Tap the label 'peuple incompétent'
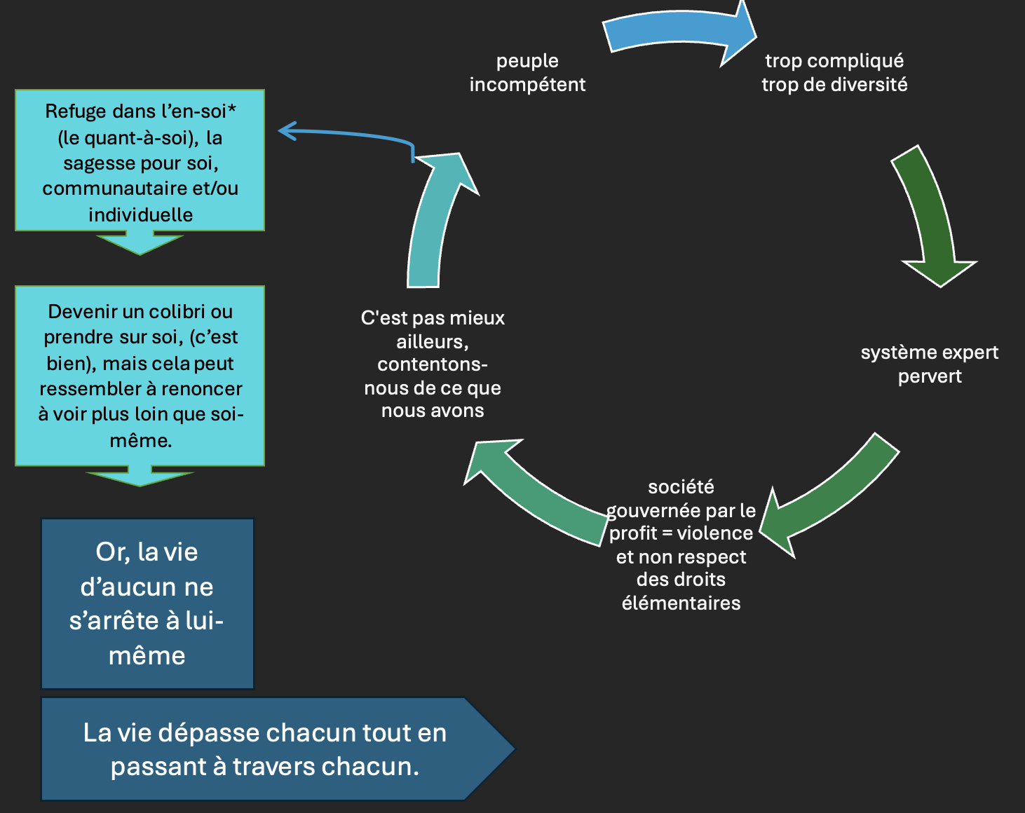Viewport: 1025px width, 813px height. (527, 73)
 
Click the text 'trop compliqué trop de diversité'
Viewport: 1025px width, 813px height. (834, 73)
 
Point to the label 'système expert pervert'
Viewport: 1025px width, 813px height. (929, 364)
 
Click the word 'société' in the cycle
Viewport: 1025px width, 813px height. (681, 486)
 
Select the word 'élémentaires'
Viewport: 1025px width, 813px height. (681, 603)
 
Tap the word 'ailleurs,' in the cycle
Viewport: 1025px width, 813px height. (432, 341)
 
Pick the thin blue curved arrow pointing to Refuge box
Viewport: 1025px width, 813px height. (351, 134)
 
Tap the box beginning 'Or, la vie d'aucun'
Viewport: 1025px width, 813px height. (147, 603)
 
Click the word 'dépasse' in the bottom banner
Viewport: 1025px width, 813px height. (210, 733)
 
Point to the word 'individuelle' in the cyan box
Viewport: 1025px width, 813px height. (140, 214)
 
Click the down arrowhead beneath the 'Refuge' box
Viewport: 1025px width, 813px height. (140, 243)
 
